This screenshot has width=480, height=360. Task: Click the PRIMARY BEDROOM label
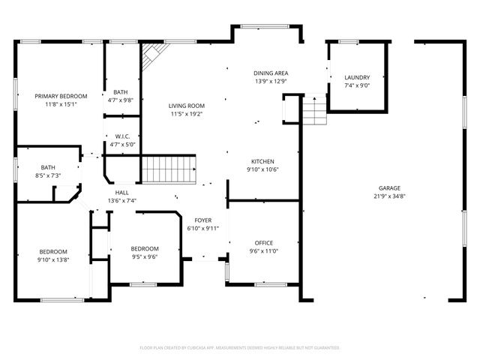click(x=61, y=96)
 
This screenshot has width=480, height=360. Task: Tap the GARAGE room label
click(x=388, y=188)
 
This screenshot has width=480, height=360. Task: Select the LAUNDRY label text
click(x=356, y=77)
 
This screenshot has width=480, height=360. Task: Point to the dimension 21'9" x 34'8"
click(x=388, y=196)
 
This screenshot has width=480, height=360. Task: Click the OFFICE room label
click(x=263, y=242)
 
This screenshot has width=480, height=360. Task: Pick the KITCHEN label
click(x=262, y=161)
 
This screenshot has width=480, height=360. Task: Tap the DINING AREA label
click(x=271, y=73)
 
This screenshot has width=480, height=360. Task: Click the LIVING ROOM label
click(x=186, y=106)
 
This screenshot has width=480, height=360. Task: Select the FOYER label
click(x=203, y=220)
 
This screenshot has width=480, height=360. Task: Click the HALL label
click(x=121, y=193)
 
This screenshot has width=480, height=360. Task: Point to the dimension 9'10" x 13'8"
click(x=53, y=259)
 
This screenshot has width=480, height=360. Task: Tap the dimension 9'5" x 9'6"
click(x=145, y=256)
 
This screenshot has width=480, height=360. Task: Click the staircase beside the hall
click(x=169, y=169)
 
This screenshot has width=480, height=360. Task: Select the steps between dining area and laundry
click(x=313, y=112)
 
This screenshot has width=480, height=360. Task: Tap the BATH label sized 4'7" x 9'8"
click(x=120, y=92)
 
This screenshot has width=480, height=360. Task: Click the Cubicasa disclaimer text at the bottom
click(x=239, y=348)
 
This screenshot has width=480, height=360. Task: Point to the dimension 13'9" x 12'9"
click(x=271, y=81)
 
